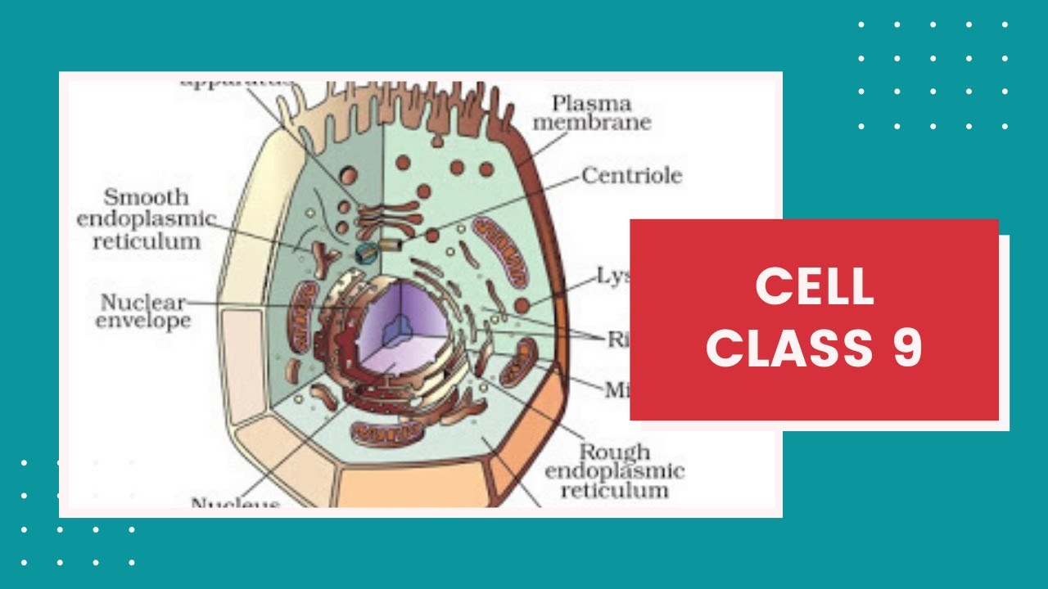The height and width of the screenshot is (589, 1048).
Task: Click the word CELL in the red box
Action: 814,287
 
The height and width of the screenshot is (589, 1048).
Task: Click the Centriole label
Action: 631,175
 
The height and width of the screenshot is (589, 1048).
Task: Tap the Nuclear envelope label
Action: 142,312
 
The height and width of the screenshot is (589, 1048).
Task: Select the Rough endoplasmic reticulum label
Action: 614,471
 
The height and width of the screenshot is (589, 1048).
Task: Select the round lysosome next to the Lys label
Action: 522,306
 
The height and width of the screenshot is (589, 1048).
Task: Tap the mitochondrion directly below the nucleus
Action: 382,432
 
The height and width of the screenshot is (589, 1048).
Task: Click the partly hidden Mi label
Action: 617,390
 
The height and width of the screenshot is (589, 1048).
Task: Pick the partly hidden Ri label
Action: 617,338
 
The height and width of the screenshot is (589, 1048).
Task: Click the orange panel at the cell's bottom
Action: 413,486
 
